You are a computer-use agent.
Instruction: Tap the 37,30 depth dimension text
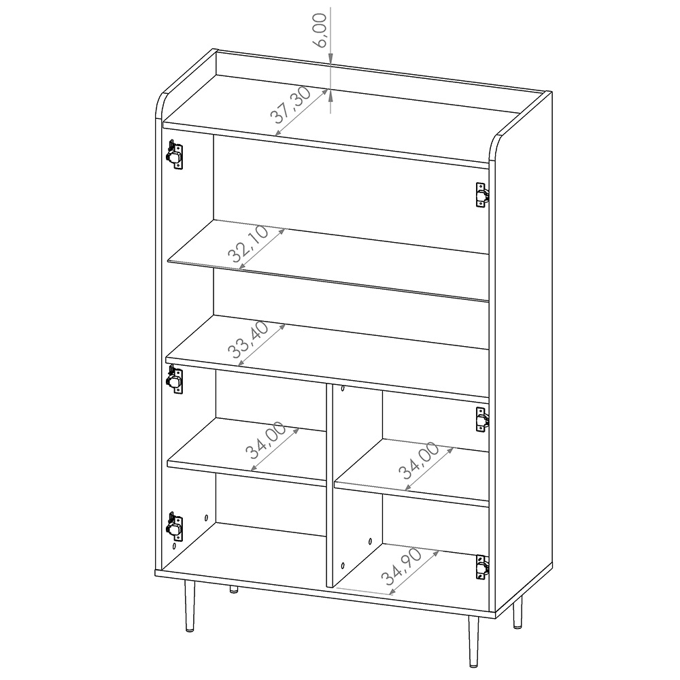290,105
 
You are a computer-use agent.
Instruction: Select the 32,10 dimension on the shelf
248,244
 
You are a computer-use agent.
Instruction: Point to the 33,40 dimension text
248,339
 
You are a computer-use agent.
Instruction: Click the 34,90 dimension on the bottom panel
401,566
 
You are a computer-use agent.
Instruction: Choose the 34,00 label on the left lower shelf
265,440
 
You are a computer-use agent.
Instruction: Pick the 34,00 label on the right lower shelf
418,460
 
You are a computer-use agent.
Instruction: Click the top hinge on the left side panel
175,154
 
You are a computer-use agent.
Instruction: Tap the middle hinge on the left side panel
175,379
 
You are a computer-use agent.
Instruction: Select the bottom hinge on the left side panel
175,527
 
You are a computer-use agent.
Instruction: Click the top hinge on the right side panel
482,195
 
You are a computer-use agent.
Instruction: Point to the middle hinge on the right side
482,420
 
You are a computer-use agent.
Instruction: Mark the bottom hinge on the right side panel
482,567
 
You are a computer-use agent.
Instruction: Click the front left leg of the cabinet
190,605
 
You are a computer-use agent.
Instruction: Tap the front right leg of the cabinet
473,642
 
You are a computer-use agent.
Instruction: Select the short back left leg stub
233,590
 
